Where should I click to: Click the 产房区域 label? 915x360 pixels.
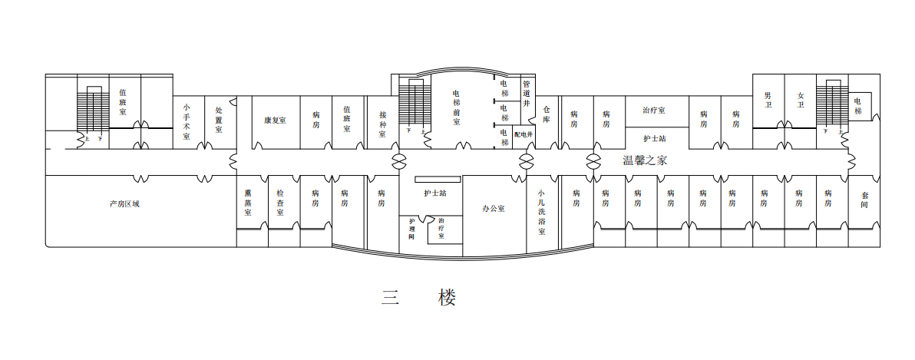(124, 203)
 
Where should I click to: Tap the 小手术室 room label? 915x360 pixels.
(186, 121)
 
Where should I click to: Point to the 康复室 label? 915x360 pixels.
(275, 121)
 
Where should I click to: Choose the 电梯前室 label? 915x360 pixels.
(456, 107)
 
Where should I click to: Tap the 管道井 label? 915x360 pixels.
(527, 93)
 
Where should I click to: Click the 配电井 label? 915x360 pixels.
(524, 134)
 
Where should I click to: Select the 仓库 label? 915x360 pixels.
(547, 114)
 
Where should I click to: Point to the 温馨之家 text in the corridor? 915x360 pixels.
(645, 160)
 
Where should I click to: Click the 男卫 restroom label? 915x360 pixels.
(768, 100)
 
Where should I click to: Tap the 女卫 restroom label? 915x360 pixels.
(801, 100)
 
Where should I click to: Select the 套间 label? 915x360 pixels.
(864, 201)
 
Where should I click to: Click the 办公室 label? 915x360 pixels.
(494, 208)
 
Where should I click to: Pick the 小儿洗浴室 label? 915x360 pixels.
(541, 212)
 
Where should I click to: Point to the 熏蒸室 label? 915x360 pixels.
(248, 203)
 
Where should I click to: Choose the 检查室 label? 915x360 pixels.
(281, 203)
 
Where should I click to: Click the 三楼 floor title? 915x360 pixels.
(419, 297)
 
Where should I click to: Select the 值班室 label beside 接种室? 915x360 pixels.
(347, 119)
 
